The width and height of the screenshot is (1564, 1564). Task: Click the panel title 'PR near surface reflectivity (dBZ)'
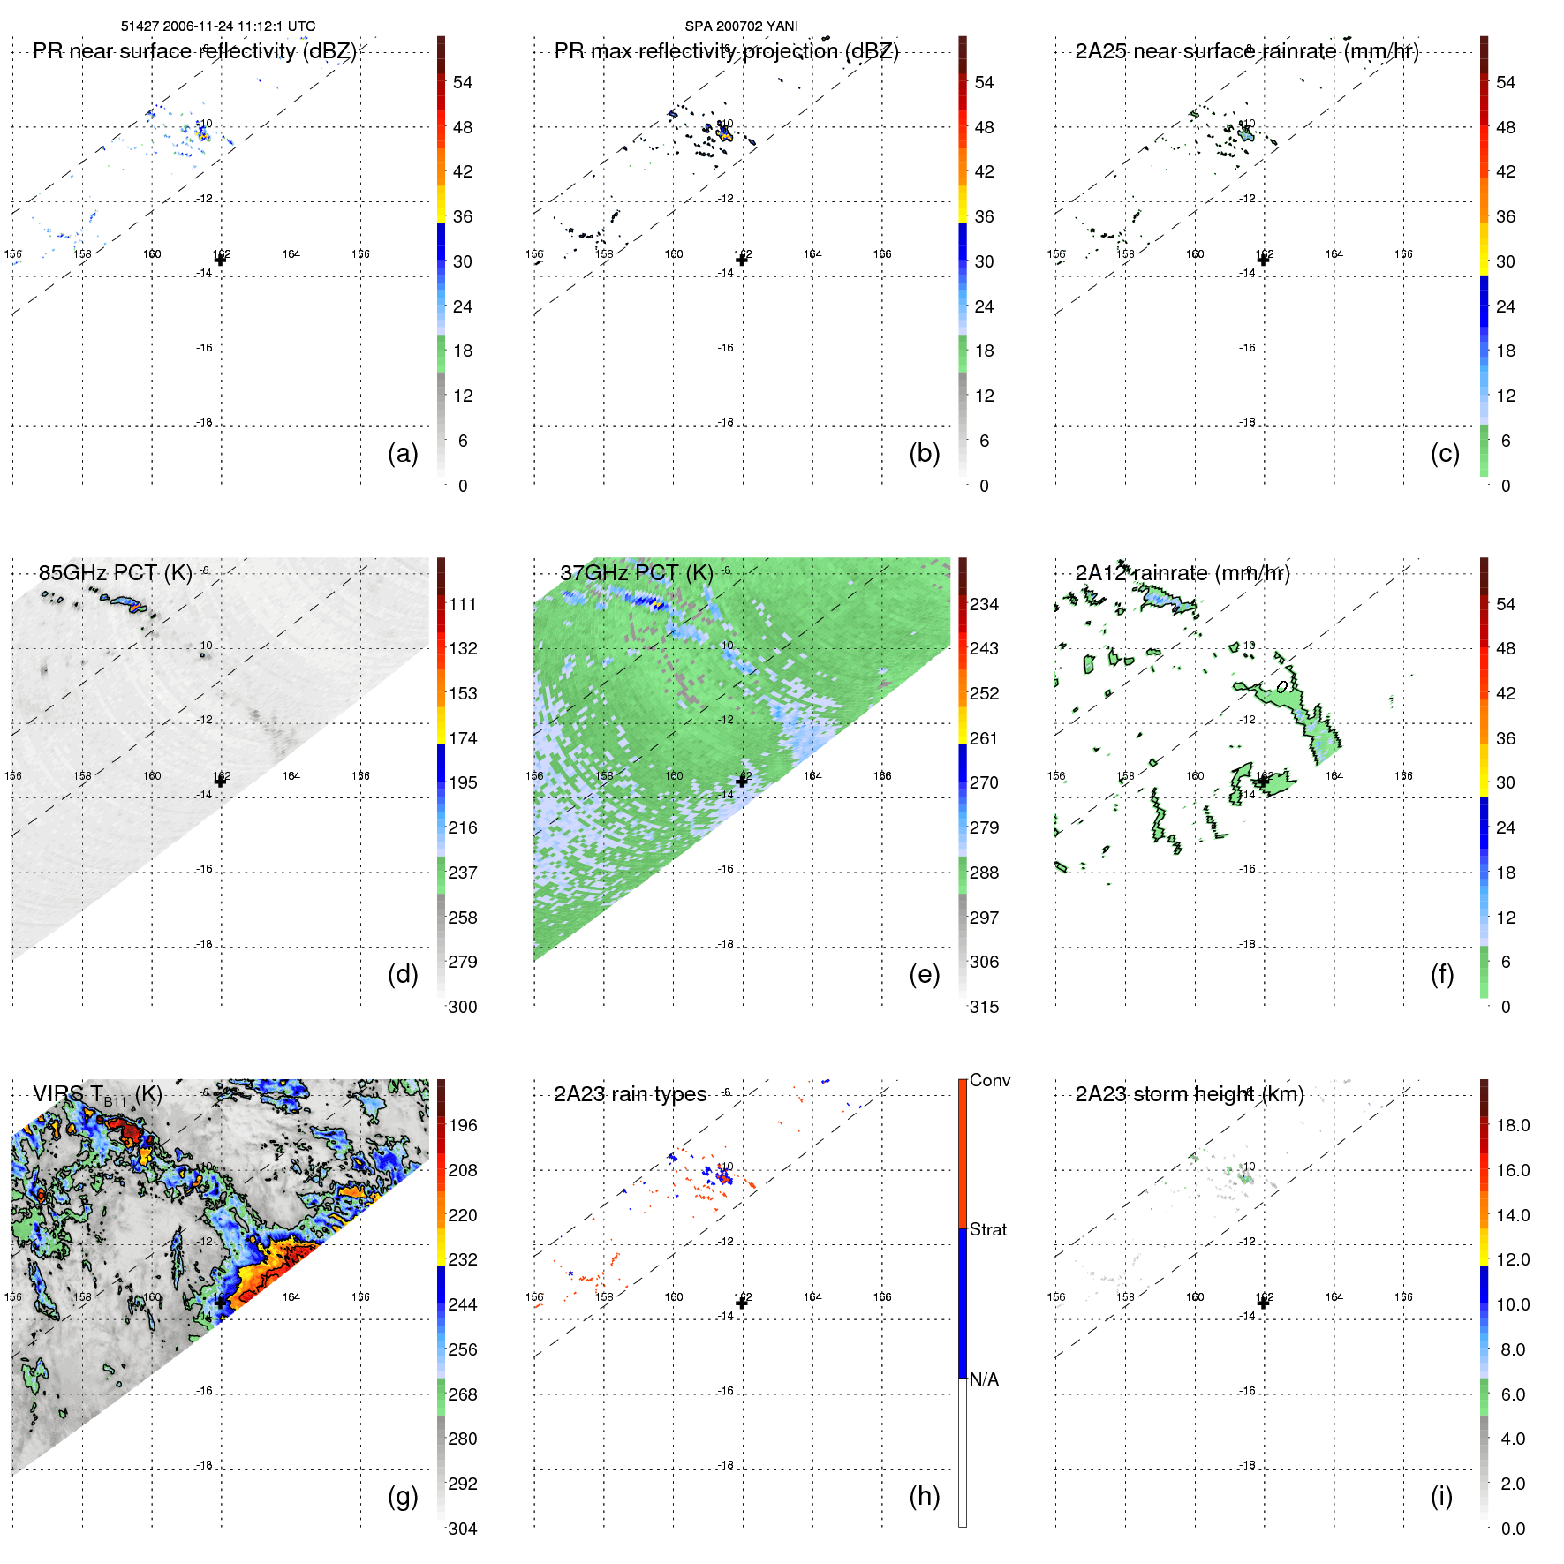tap(194, 51)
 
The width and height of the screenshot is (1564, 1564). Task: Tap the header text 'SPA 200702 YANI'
tap(741, 26)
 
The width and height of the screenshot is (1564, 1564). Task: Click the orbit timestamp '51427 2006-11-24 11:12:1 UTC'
tap(218, 26)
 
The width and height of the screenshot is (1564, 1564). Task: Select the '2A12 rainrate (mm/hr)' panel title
tap(1182, 573)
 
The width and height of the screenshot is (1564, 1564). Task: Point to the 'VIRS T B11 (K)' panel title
tap(97, 1095)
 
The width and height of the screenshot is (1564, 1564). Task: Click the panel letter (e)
tap(924, 974)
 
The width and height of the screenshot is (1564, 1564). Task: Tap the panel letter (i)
tap(1441, 1496)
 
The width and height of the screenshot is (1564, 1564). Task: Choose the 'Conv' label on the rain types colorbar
tap(989, 1081)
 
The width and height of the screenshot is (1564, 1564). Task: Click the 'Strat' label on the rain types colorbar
tap(987, 1230)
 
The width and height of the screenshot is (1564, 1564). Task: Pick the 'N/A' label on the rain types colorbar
tap(984, 1379)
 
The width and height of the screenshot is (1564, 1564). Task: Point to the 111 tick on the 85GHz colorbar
tap(463, 605)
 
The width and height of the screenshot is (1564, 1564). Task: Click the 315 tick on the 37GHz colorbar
tap(984, 1008)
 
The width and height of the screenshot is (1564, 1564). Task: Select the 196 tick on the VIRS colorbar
tap(463, 1126)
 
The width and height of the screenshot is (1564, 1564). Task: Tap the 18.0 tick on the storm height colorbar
tap(1513, 1126)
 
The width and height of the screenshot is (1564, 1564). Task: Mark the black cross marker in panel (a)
tap(221, 260)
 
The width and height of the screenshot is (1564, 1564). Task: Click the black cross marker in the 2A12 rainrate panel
tap(1263, 781)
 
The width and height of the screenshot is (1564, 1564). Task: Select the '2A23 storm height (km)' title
tap(1190, 1095)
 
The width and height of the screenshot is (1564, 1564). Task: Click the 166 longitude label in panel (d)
tap(360, 776)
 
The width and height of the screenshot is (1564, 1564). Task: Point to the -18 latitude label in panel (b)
tap(726, 423)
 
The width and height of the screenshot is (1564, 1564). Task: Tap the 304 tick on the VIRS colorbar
tap(463, 1530)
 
